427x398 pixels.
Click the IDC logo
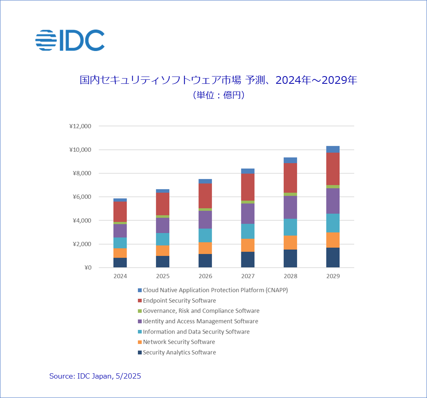70,40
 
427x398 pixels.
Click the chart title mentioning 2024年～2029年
218,80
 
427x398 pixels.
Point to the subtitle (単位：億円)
218,96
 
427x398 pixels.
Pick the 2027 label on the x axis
247,276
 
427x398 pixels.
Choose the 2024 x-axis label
120,276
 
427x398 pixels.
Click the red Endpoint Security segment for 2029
333,169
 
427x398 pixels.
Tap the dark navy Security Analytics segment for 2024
120,262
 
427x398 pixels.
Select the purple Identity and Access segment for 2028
290,207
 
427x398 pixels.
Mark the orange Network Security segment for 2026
205,248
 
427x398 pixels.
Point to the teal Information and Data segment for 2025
163,239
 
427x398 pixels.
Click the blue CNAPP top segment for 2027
247,171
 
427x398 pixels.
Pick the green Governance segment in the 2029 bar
333,187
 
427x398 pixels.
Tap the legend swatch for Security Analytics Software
140,353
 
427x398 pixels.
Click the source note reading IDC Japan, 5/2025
95,376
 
